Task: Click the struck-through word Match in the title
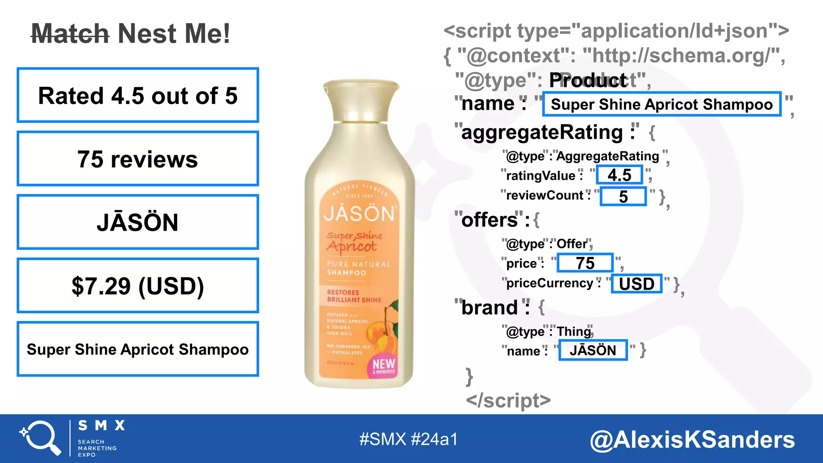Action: point(70,34)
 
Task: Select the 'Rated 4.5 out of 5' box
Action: point(138,95)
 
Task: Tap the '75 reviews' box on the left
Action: point(138,159)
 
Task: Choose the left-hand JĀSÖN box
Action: point(138,222)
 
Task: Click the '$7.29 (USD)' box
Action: point(138,285)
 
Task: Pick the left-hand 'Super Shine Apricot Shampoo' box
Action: point(138,349)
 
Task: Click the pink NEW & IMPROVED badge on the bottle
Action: point(384,366)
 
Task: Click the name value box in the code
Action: point(661,104)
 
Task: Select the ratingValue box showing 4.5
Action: point(619,175)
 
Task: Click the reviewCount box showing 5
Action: point(623,197)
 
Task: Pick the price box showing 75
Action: point(585,263)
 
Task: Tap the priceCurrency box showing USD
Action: point(637,284)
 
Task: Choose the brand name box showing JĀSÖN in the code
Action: point(593,350)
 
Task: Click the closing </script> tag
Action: point(508,400)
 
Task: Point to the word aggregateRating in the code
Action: point(542,132)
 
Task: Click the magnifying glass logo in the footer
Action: point(40,438)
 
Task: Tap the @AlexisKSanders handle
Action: point(692,439)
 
